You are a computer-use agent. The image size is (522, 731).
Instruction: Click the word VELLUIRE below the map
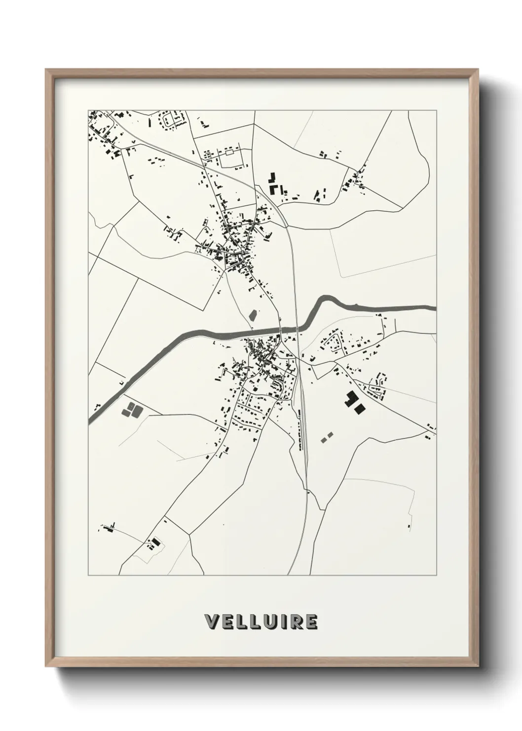tap(261, 621)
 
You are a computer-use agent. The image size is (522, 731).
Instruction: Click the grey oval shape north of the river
tap(253, 315)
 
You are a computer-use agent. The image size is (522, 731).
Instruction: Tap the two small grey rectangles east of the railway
tap(327, 436)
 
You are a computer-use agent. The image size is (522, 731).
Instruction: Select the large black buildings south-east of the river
tap(354, 401)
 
